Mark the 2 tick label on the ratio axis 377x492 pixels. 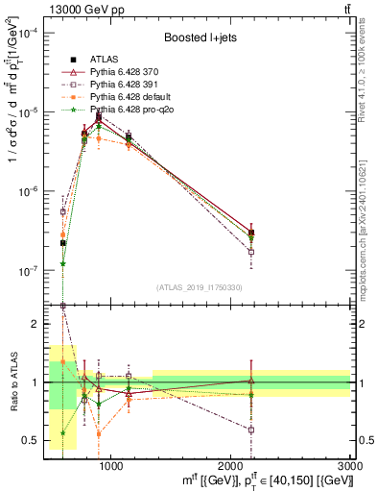click(35, 324)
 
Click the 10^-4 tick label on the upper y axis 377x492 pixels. click(27, 33)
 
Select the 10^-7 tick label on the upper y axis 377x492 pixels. click(27, 271)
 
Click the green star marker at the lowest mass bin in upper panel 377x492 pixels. click(62, 263)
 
